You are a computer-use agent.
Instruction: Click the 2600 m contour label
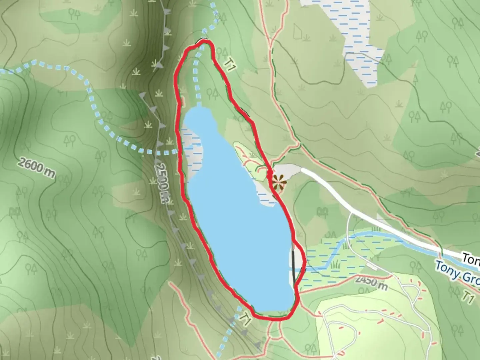click(36, 168)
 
